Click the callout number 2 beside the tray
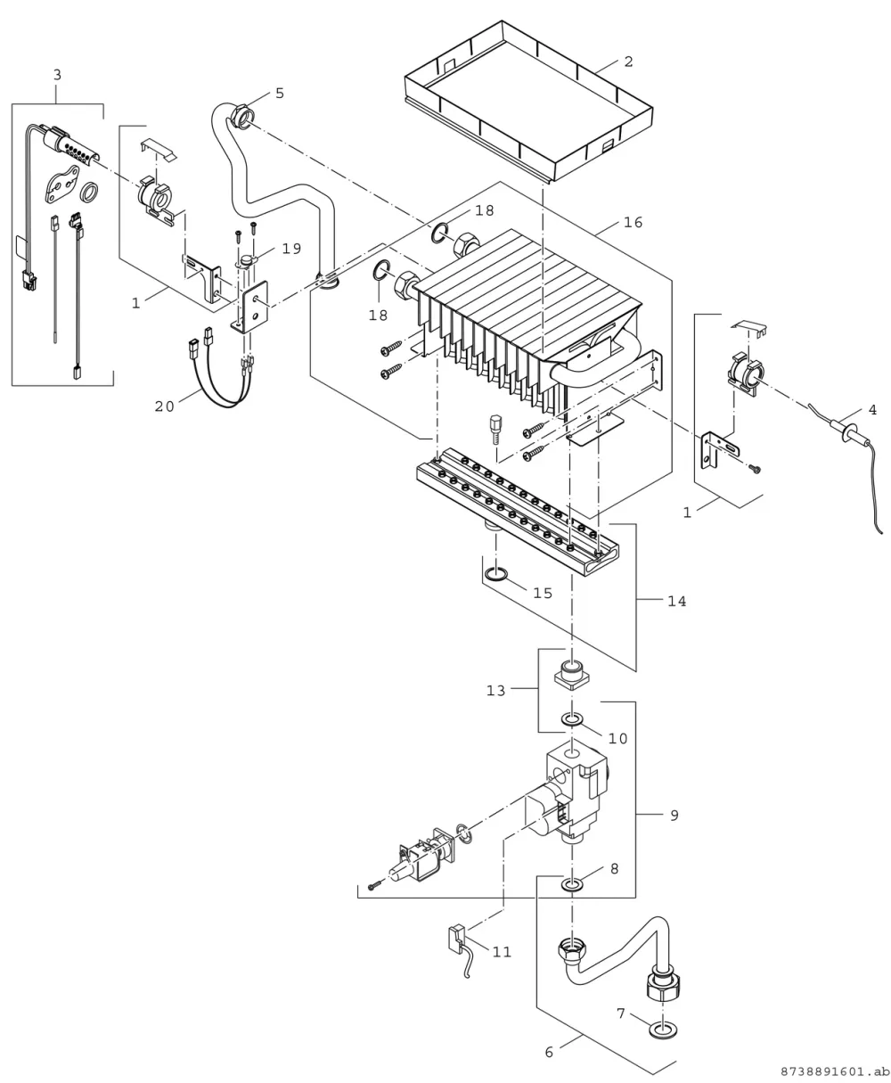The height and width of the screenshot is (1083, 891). point(629,62)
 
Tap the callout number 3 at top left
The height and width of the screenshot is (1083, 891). point(57,75)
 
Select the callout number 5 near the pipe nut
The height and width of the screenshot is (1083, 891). point(280,94)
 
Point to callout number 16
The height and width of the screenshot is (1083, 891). point(634,222)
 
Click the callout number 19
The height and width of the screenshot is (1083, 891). point(292,249)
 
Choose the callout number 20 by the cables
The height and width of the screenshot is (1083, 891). point(165,406)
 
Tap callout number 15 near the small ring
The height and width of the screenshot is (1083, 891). point(543,593)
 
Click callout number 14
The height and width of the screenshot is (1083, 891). point(677,602)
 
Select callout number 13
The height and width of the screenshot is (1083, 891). point(495,691)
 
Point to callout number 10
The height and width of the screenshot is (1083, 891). point(618,738)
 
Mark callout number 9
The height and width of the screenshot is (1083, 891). point(674,816)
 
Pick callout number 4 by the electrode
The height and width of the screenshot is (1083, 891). point(872,410)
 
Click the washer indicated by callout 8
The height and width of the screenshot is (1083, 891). point(572,885)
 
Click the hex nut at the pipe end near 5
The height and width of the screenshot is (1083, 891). point(241,114)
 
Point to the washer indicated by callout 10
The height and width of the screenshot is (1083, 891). point(572,719)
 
